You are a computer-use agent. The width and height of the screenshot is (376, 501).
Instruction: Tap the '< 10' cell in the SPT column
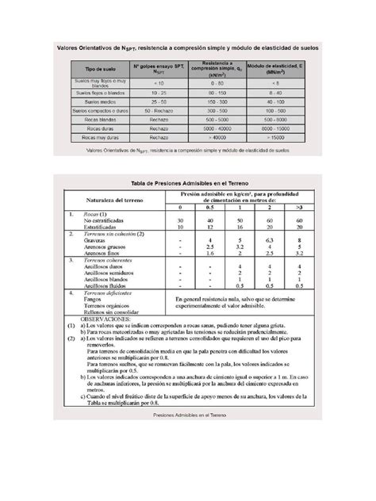(159, 82)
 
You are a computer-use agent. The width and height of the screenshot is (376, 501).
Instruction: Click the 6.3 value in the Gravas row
(268, 239)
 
